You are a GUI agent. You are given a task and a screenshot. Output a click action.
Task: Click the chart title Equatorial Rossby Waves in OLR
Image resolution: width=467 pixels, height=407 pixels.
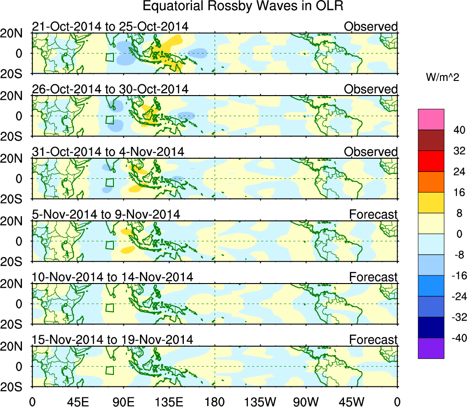243,6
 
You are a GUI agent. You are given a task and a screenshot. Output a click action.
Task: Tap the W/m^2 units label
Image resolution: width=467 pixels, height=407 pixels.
442,78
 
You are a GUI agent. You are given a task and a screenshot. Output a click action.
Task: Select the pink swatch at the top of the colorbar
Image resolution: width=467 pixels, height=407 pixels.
430,119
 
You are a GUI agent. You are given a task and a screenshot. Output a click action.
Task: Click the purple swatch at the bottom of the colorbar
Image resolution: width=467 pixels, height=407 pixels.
430,348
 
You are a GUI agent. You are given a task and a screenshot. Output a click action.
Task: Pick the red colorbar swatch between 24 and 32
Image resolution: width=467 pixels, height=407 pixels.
430,161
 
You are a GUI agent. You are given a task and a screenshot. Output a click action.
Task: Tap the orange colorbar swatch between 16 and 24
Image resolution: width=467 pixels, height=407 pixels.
430,182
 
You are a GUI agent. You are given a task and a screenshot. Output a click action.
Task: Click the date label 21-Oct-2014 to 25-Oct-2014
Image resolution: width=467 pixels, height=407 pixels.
110,27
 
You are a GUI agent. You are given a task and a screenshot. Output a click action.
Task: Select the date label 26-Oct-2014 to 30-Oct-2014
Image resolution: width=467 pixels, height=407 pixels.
110,89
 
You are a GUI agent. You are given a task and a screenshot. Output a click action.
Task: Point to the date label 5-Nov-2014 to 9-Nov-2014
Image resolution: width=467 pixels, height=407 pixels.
106,214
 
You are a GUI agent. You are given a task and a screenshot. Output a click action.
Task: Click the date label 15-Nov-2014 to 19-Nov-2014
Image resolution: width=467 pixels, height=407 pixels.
113,339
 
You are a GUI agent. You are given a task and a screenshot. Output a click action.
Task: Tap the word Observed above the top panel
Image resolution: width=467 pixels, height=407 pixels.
371,27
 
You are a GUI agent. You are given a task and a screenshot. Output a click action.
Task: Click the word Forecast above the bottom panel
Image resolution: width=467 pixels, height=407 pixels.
374,339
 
